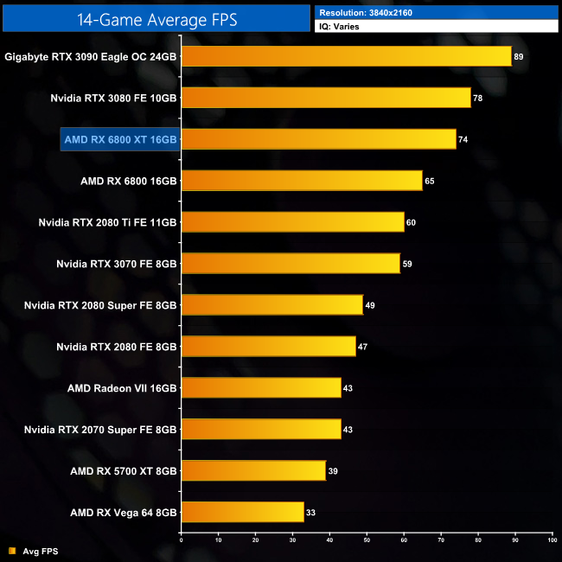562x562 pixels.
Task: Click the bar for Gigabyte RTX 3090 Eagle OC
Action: click(x=346, y=56)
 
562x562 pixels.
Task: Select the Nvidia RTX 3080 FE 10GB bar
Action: click(x=326, y=98)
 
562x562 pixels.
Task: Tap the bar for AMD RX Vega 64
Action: click(x=243, y=512)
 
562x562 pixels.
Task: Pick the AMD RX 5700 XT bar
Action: click(x=253, y=470)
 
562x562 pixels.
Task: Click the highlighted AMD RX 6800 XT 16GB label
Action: click(x=120, y=139)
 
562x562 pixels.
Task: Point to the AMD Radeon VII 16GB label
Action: click(x=122, y=388)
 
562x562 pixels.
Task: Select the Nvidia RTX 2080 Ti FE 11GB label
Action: click(x=107, y=222)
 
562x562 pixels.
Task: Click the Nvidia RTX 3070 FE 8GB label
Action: click(x=116, y=264)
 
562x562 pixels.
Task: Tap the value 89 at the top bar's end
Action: click(x=519, y=56)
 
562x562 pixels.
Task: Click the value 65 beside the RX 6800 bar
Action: click(x=430, y=181)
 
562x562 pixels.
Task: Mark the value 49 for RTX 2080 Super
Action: click(x=370, y=305)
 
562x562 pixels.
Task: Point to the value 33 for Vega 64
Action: click(x=310, y=513)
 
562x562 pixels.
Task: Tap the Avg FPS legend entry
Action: click(x=35, y=550)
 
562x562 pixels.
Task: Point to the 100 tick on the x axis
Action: click(x=552, y=540)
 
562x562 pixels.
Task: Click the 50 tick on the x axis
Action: click(x=367, y=540)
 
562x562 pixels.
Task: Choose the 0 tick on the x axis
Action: click(x=182, y=540)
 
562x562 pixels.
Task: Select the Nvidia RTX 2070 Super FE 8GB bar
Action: click(x=261, y=429)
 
